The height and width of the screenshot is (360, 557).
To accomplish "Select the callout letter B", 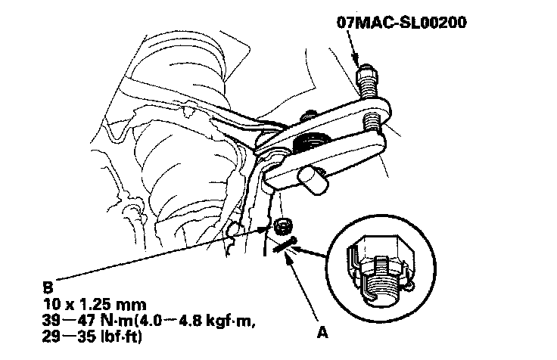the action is tap(49, 287).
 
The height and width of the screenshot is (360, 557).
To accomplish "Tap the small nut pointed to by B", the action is tap(284, 225).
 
